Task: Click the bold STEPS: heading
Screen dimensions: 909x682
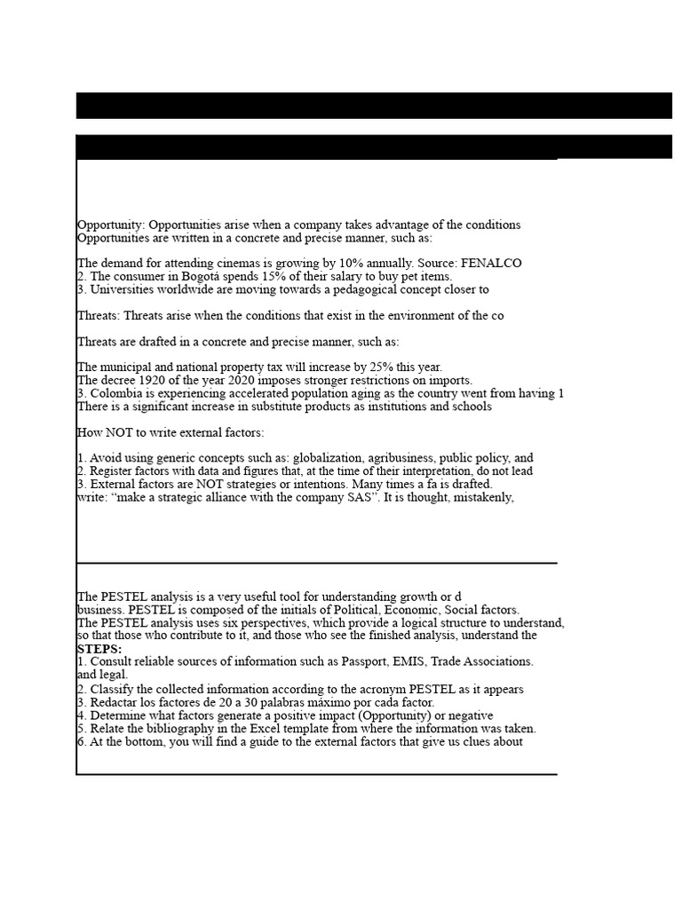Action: click(x=99, y=649)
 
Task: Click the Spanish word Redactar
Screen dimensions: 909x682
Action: click(x=113, y=702)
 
